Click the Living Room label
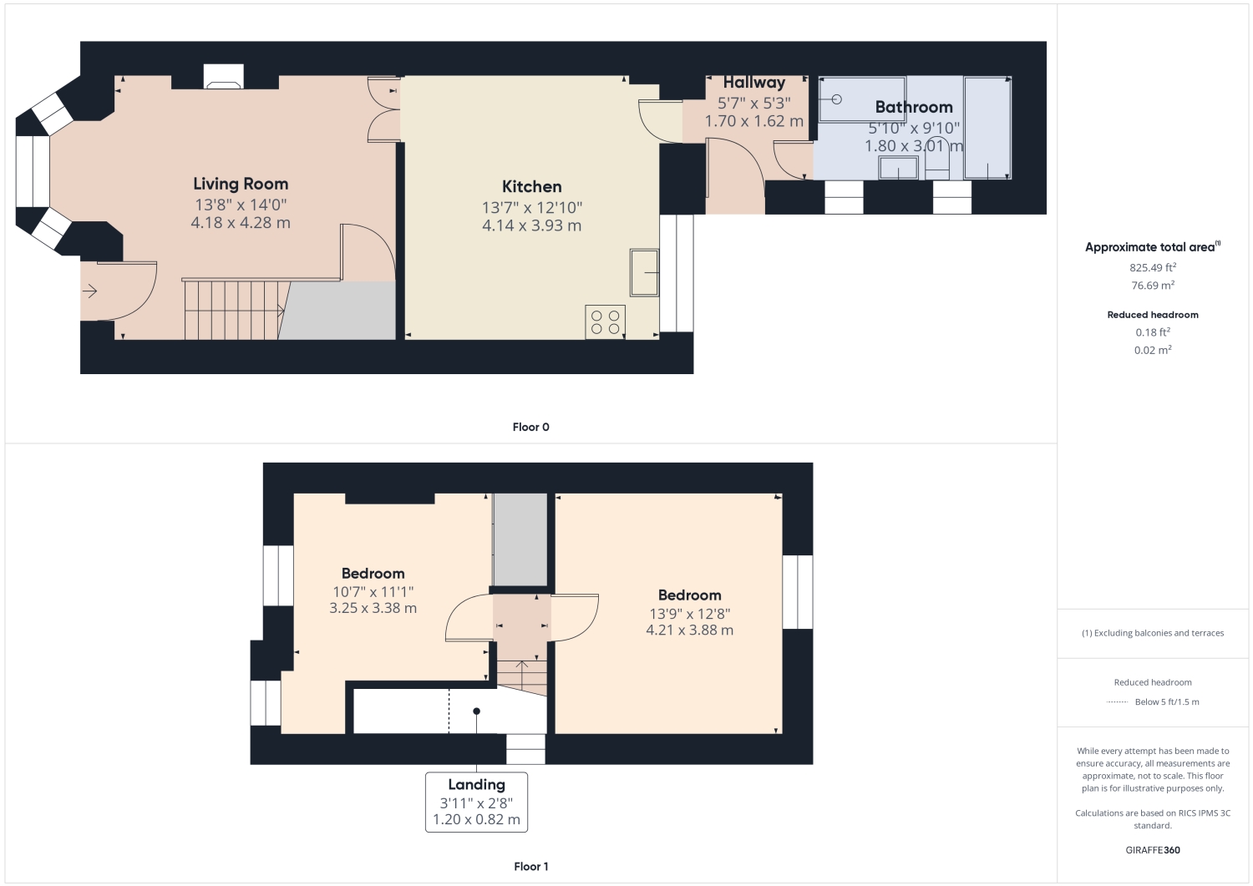pos(241,184)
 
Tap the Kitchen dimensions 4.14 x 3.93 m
pos(531,225)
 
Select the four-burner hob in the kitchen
pos(605,321)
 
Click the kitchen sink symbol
pos(644,272)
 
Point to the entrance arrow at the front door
pos(90,291)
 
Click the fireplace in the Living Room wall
pos(224,78)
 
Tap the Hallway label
pos(753,82)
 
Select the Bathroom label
pos(913,107)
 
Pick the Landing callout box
pos(476,802)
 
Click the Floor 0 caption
pos(530,427)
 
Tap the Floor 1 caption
pos(530,866)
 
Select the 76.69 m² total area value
pos(1153,286)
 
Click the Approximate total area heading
pos(1151,247)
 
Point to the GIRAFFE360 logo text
pos(1153,850)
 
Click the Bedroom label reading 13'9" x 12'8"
pos(689,595)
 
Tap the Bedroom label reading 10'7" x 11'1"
pos(373,574)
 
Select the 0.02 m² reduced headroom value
pos(1153,350)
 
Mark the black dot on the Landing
pos(477,711)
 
